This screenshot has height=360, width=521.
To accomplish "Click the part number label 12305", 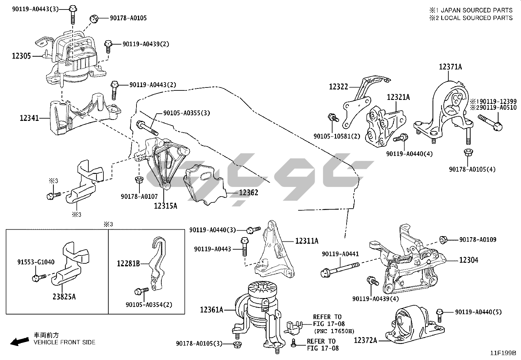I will [x=22, y=56].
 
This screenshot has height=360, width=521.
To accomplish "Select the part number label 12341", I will [x=29, y=118].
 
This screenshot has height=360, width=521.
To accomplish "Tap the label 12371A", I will [x=450, y=67].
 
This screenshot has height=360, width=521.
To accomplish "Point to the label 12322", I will [x=338, y=87].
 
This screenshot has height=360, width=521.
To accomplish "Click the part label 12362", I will [x=248, y=193].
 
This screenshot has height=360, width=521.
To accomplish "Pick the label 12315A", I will [x=166, y=206].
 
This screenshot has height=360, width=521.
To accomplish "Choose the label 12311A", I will [x=307, y=241].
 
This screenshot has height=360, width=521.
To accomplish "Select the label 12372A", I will [x=366, y=341].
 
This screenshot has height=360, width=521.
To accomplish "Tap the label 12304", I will [x=469, y=260].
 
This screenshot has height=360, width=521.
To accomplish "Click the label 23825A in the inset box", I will [x=64, y=297].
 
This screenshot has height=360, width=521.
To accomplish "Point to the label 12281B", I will [x=129, y=263].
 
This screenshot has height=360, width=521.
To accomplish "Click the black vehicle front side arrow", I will [x=19, y=342].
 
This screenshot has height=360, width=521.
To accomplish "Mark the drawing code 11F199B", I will [x=503, y=353].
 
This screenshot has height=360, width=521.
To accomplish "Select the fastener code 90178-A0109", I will [x=477, y=240].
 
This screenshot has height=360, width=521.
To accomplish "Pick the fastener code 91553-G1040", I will [x=36, y=262].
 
